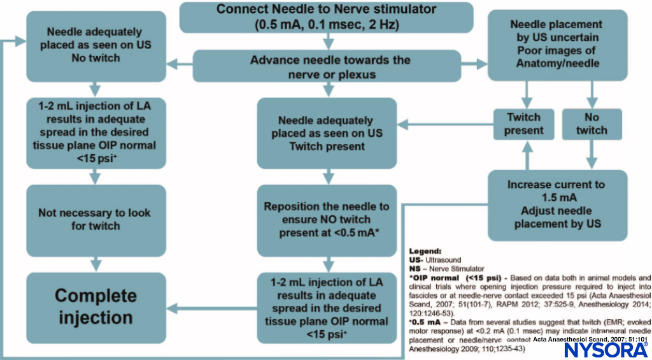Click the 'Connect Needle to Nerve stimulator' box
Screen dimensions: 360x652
click(327, 17)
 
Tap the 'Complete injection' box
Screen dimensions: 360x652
click(95, 306)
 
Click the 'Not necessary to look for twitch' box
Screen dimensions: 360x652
click(95, 219)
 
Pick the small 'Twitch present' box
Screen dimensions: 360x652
click(523, 124)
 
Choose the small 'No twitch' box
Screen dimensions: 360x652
click(592, 124)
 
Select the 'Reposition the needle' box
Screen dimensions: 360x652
click(327, 220)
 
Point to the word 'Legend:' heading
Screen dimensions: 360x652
click(425, 252)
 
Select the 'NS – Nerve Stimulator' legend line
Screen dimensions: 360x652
click(446, 269)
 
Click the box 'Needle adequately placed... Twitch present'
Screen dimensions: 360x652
click(327, 133)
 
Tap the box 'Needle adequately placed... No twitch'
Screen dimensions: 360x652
click(95, 44)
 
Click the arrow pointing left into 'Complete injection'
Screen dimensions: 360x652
click(178, 306)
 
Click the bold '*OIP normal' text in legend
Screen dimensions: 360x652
click(436, 278)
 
